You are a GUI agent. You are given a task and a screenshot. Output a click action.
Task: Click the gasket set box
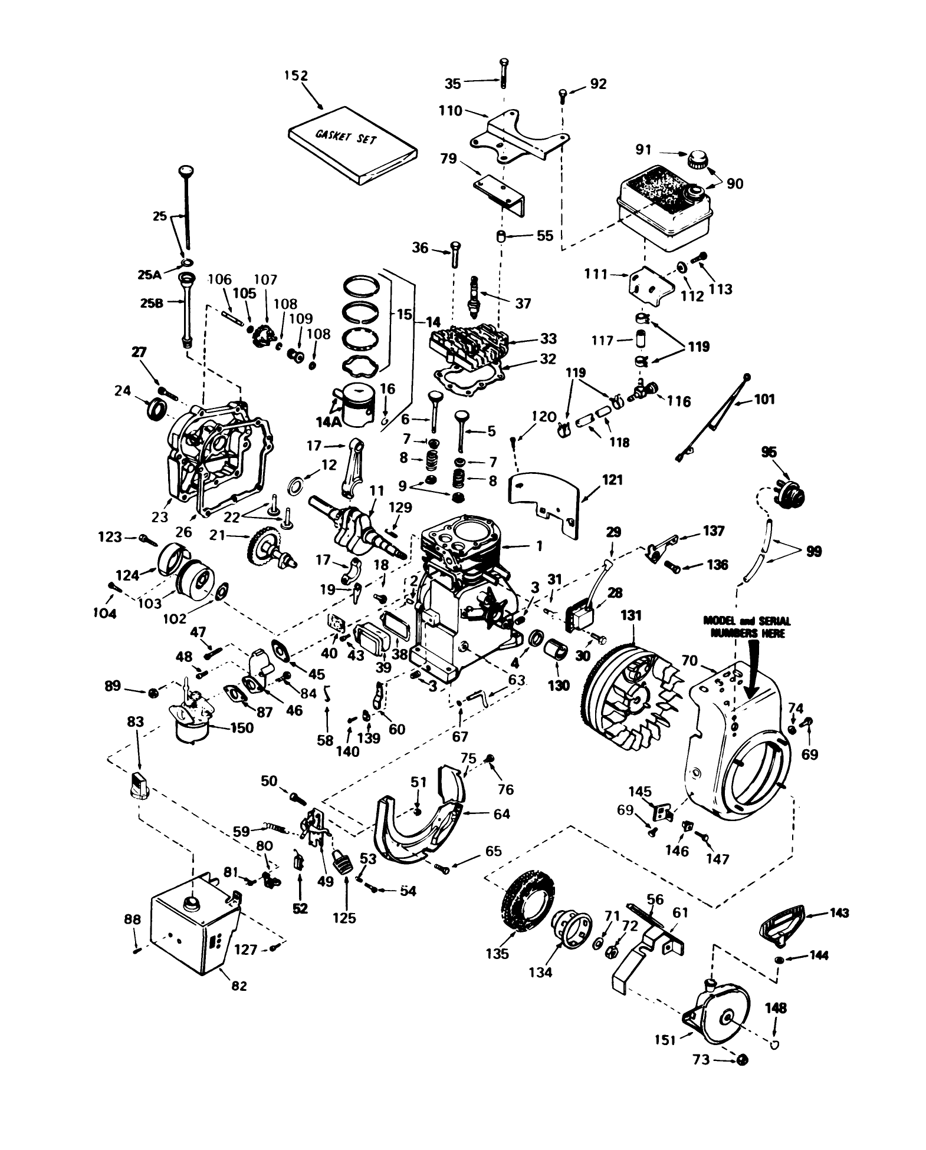point(353,145)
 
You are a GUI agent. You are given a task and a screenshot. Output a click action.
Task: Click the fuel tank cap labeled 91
point(697,159)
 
